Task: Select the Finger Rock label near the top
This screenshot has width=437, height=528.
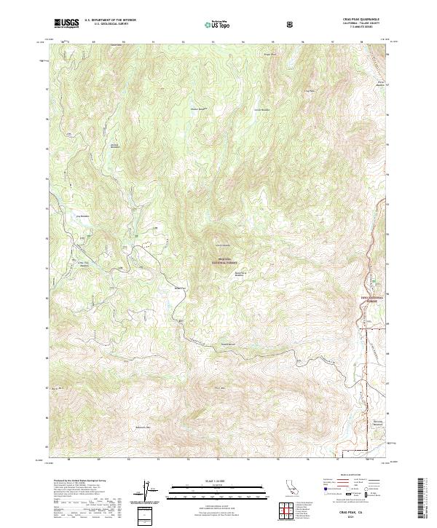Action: coord(269,54)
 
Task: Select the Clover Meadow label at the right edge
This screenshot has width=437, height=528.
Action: coord(379,83)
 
